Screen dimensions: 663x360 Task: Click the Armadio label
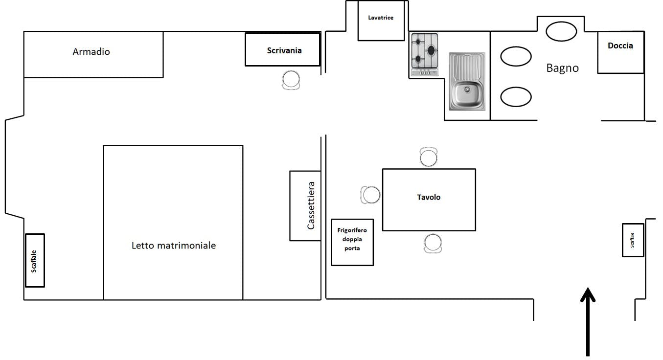click(91, 52)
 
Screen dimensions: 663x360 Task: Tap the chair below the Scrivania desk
click(291, 80)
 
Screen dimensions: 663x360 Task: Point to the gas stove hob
click(424, 54)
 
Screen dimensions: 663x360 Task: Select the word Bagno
click(562, 68)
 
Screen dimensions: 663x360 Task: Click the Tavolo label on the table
click(429, 197)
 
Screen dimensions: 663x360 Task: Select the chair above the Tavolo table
click(429, 157)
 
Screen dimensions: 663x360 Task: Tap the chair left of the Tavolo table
click(370, 195)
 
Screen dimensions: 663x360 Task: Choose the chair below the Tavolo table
click(433, 244)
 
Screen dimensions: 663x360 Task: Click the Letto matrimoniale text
click(174, 246)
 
